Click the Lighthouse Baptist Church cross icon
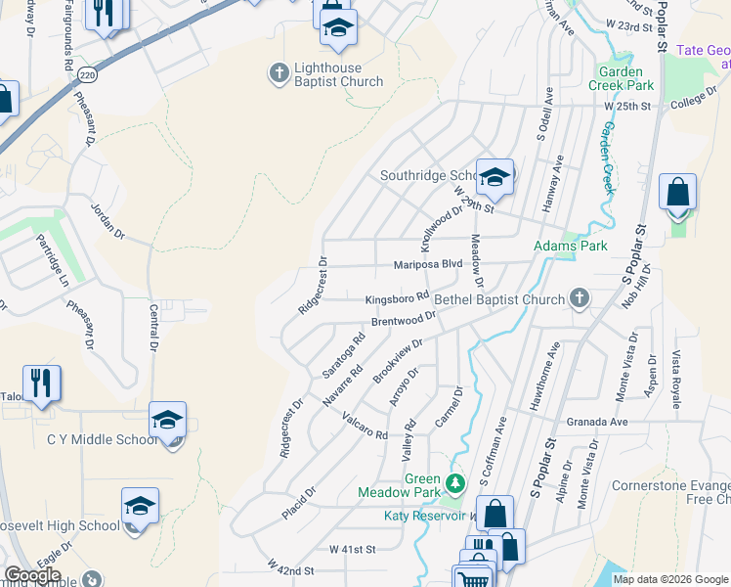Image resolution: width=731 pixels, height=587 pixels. (278, 71)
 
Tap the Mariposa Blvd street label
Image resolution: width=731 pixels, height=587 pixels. (427, 264)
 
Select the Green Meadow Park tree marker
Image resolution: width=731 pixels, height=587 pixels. (453, 482)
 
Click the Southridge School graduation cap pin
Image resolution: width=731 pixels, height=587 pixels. (495, 176)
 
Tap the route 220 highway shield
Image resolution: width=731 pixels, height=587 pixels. (89, 74)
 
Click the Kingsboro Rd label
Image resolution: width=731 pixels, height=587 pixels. (398, 297)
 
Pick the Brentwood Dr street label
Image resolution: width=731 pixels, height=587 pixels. (403, 320)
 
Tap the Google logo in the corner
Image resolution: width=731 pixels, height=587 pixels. (32, 575)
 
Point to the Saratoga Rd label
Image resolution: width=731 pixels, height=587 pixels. (343, 355)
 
